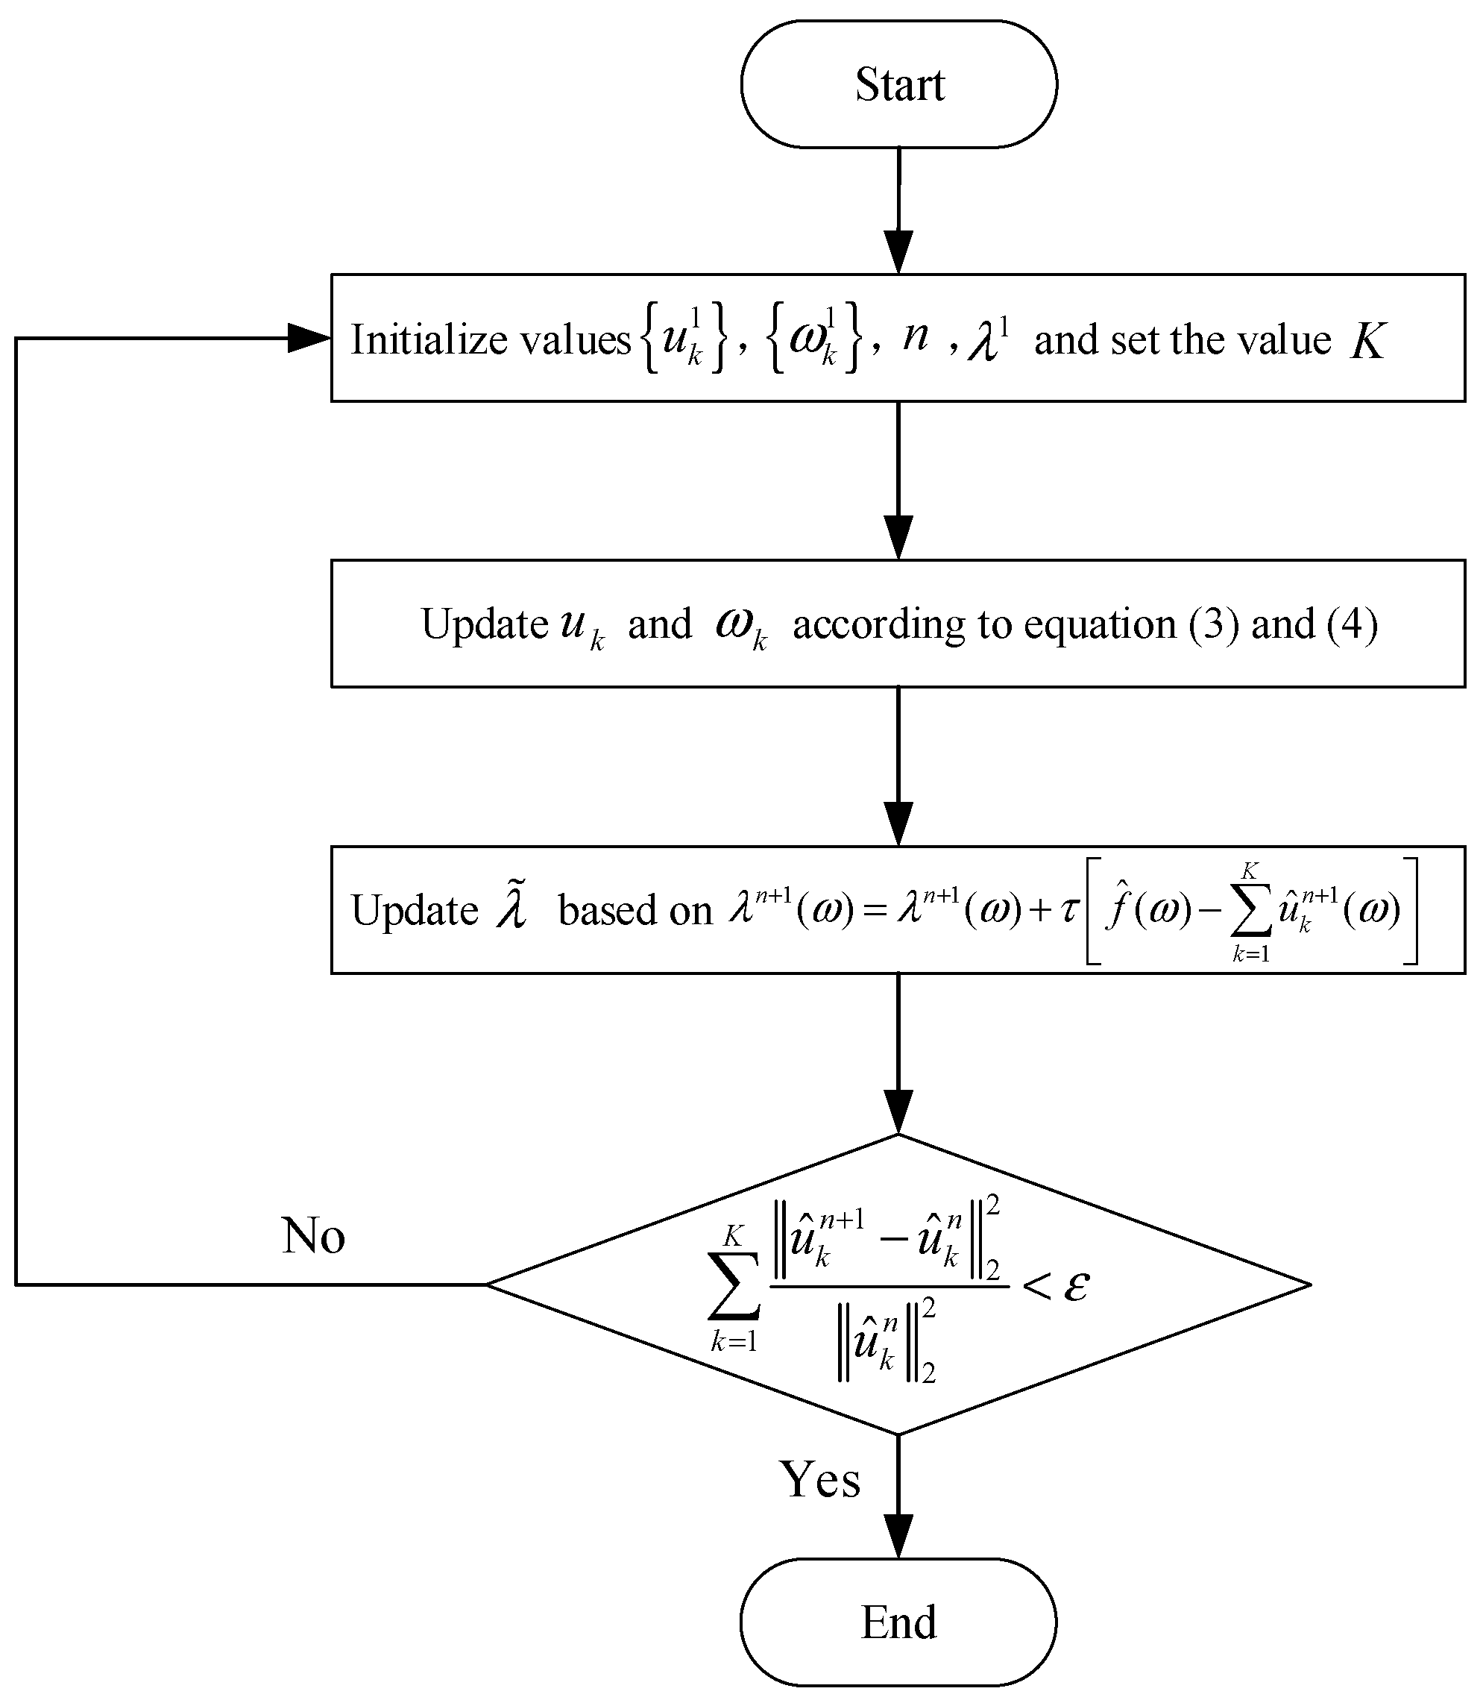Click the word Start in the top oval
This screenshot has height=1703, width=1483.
click(x=898, y=85)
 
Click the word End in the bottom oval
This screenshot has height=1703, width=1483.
click(x=898, y=1621)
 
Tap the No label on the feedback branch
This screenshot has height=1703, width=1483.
click(x=313, y=1236)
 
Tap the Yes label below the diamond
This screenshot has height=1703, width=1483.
click(x=819, y=1479)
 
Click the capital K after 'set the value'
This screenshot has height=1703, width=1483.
click(x=1367, y=340)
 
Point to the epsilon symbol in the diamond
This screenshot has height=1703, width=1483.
click(x=1076, y=1285)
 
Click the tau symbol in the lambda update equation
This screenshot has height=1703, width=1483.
click(x=1069, y=910)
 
